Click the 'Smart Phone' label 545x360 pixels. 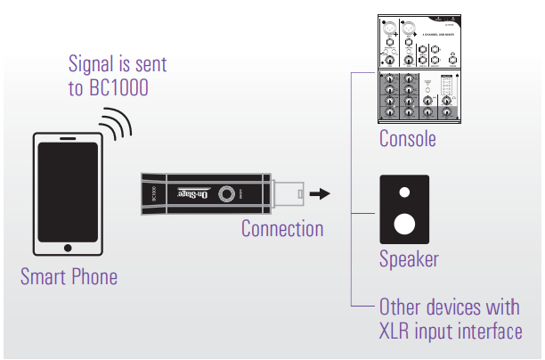coord(69,277)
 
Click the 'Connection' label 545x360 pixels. coord(282,229)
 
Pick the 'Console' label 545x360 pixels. coord(407,140)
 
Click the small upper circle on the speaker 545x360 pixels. coord(405,192)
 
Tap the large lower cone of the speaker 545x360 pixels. coord(405,223)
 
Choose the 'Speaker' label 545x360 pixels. coord(409,260)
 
